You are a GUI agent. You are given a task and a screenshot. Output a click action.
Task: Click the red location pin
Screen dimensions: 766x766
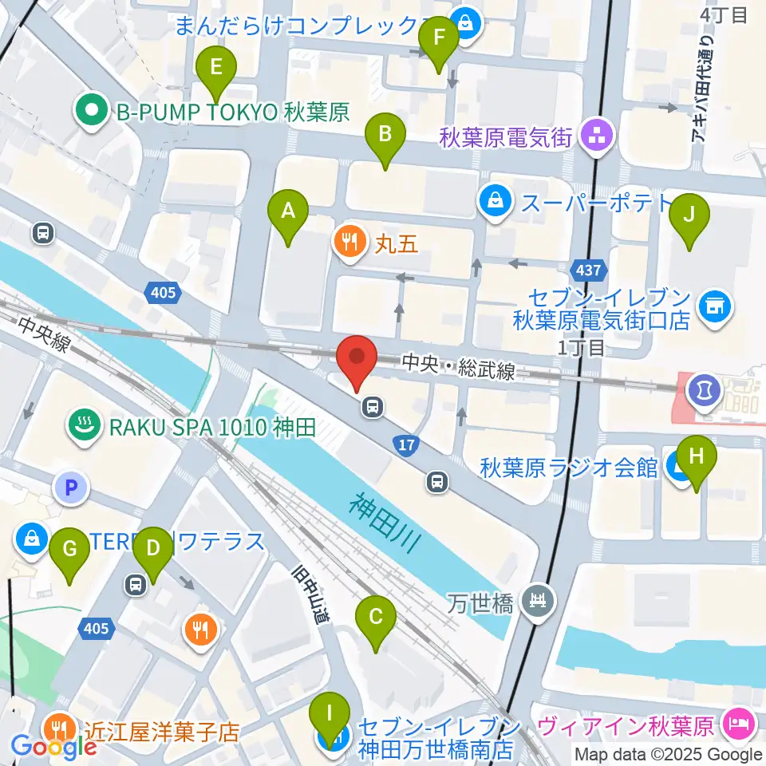(x=357, y=362)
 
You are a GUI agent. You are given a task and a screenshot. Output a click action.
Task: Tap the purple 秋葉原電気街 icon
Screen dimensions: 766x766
(x=596, y=136)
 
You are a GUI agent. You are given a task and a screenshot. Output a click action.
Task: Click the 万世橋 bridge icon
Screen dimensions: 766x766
(x=540, y=598)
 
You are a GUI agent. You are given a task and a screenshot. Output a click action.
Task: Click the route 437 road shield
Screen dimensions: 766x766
(x=588, y=270)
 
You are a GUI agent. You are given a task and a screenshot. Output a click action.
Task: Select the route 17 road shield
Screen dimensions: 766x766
(x=406, y=445)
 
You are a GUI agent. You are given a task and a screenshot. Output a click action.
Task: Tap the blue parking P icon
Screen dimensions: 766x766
(x=71, y=487)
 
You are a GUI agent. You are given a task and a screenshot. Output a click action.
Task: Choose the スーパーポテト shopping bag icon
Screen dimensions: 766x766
(x=496, y=201)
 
